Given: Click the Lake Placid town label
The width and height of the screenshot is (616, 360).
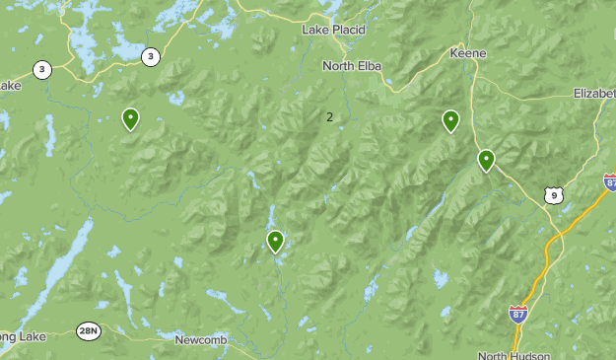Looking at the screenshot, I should (334, 30).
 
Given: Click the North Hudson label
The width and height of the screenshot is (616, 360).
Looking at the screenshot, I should (512, 355).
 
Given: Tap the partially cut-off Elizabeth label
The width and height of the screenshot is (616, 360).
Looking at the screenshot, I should (593, 93).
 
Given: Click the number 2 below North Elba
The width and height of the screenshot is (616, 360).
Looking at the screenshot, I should (329, 116).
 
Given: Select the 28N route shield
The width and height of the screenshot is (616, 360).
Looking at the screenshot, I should (89, 330).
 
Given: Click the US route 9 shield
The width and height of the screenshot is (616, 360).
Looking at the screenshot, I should (554, 195).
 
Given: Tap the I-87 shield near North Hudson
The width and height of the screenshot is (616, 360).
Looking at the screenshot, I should (518, 314).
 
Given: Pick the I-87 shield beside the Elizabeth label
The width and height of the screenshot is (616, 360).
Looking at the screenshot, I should (611, 181).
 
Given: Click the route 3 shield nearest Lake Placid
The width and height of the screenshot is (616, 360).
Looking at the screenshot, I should (150, 56).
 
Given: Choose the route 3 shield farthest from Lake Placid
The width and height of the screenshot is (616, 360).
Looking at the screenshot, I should (42, 69).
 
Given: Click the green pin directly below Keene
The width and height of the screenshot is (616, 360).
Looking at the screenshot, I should (450, 120).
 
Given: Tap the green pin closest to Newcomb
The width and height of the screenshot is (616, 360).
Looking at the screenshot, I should (275, 240).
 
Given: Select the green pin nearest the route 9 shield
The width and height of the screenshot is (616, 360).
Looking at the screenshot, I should (486, 159).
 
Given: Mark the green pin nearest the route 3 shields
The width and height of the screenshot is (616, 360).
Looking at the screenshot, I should (130, 118).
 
